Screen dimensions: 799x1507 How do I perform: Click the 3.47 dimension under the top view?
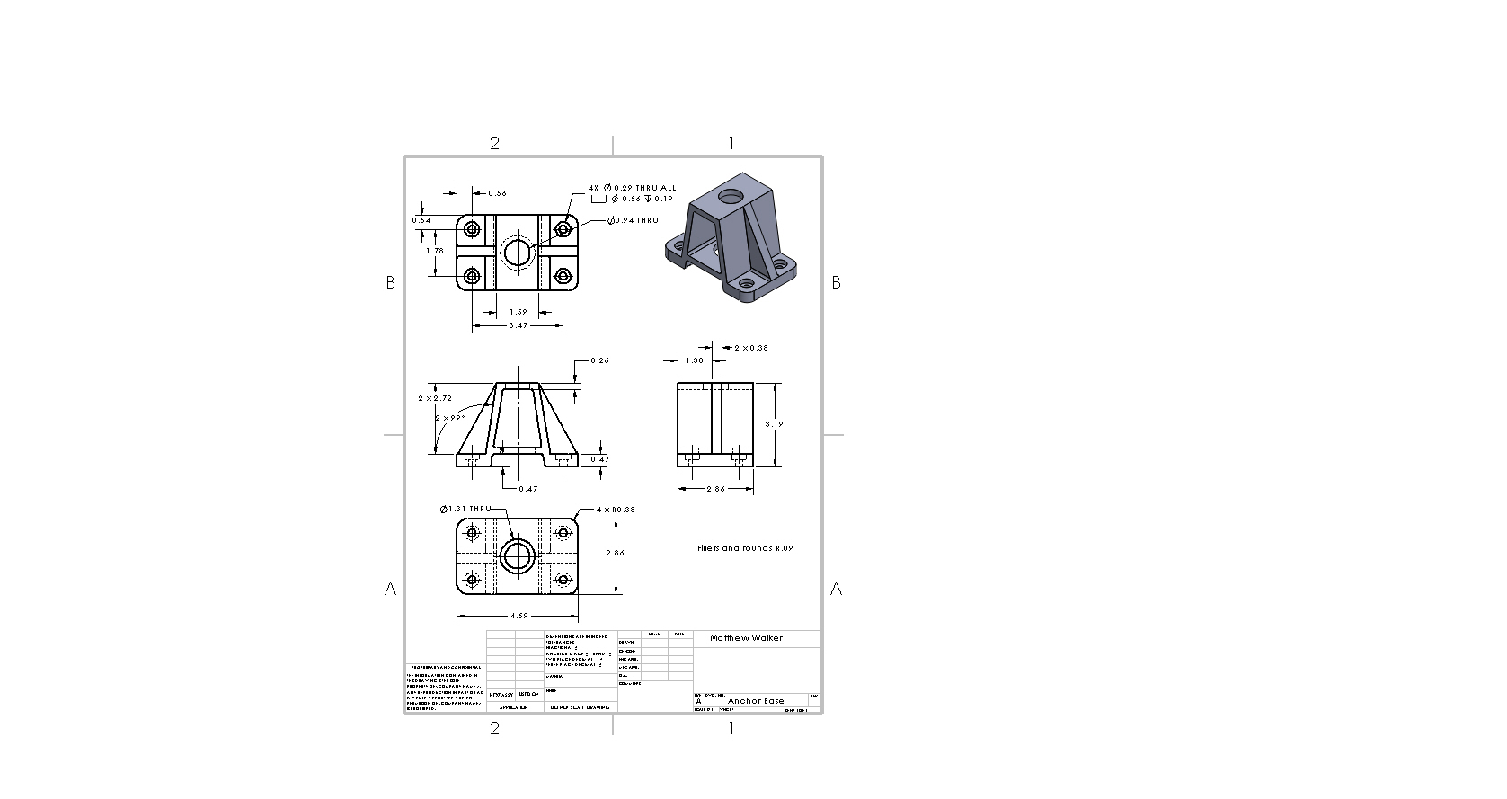pos(519,325)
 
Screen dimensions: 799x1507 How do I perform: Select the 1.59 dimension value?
pos(519,312)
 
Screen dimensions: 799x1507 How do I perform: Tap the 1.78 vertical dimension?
pos(435,251)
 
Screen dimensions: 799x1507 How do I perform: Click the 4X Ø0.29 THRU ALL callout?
pos(633,188)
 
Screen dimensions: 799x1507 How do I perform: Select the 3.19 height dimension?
pos(775,424)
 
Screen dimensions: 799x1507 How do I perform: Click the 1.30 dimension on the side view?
pos(695,360)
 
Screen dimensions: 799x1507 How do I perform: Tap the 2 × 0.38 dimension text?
pos(751,347)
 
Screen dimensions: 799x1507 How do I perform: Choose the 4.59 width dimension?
pos(519,617)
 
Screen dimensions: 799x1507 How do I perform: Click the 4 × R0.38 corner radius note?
pos(616,510)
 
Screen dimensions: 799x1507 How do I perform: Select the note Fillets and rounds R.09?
pos(745,548)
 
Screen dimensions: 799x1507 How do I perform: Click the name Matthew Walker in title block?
pos(746,638)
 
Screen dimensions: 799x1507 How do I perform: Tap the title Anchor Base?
pos(756,701)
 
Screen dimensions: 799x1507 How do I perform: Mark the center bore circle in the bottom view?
pos(517,557)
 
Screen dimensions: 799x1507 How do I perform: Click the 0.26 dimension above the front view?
pos(599,360)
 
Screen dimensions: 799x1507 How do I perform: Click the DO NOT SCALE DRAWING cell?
pos(579,707)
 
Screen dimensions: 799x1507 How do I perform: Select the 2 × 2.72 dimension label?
pos(435,397)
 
